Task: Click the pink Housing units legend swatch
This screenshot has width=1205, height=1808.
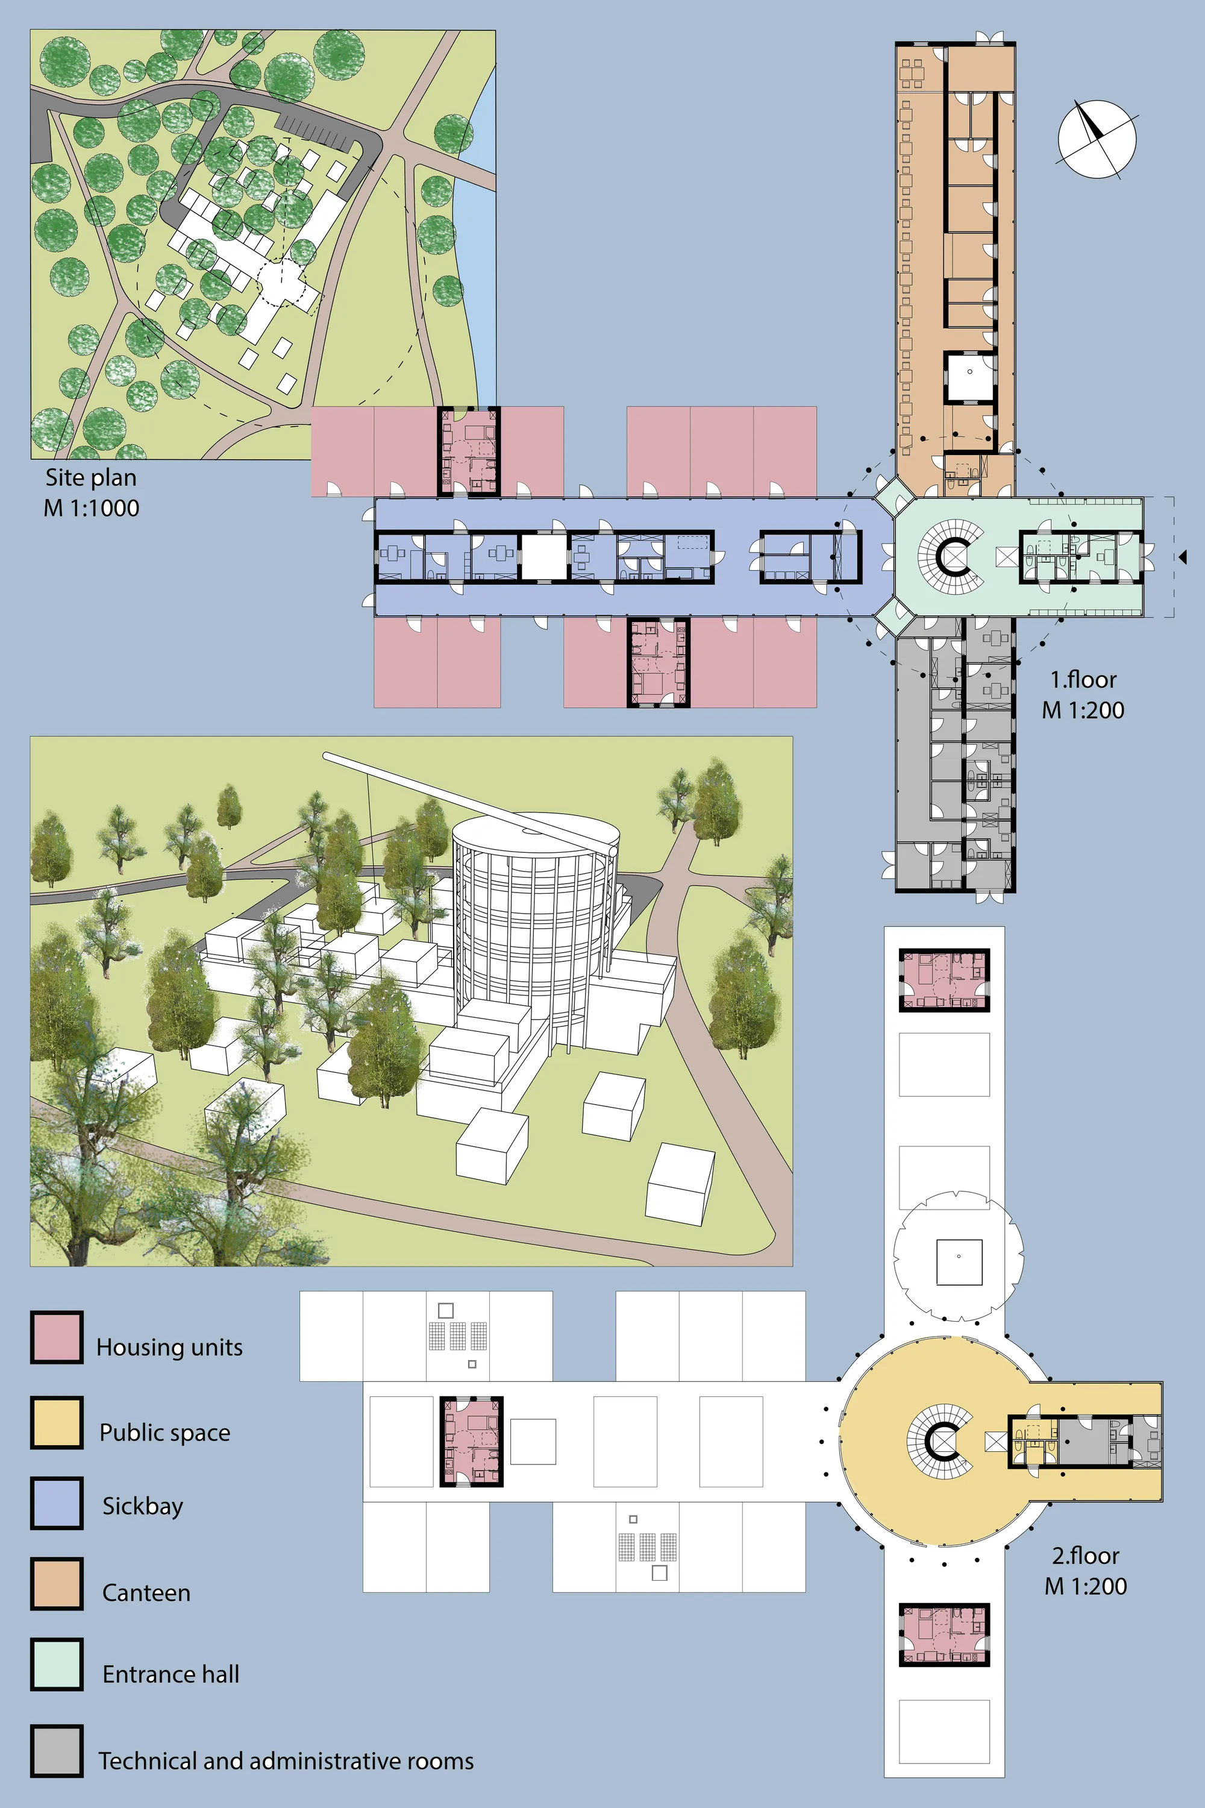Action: (x=56, y=1337)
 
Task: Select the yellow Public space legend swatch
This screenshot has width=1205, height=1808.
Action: (x=56, y=1422)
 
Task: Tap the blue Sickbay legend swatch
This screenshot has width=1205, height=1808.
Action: (x=56, y=1503)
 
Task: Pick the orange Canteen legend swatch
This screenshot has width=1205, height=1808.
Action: (x=56, y=1584)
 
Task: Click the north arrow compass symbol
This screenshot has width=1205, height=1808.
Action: (x=1097, y=139)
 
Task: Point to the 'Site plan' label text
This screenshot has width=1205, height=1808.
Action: (x=91, y=477)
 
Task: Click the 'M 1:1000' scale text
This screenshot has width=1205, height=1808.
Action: (x=92, y=508)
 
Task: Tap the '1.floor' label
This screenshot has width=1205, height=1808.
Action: (x=1083, y=680)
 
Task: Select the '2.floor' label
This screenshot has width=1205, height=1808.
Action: (x=1085, y=1556)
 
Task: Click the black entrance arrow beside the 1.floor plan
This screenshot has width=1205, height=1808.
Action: (x=1183, y=556)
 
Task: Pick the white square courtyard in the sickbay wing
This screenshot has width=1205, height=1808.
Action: (x=544, y=556)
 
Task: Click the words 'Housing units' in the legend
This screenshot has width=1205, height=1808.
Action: (x=169, y=1347)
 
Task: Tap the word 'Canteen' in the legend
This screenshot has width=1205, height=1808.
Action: (x=146, y=1593)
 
